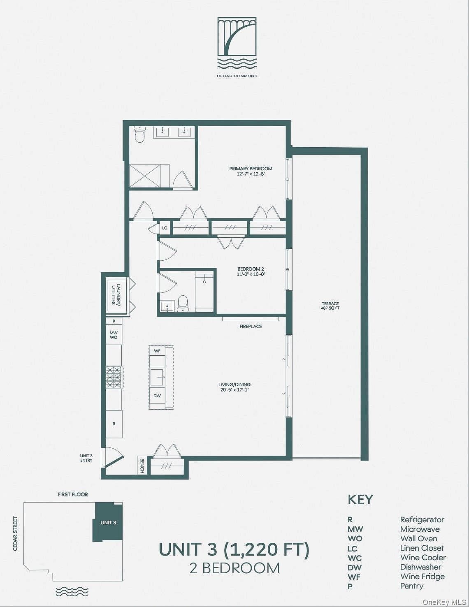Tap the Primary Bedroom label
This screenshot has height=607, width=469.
click(251, 171)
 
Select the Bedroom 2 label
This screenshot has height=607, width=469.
click(251, 271)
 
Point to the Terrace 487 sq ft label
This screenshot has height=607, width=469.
click(330, 306)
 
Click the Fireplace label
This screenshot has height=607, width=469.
click(251, 326)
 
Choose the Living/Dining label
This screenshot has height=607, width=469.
click(234, 387)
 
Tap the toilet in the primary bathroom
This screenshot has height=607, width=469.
click(139, 134)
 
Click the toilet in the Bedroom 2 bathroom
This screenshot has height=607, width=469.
click(183, 303)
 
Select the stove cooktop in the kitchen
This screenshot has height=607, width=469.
click(114, 378)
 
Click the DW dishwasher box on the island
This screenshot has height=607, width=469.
click(157, 396)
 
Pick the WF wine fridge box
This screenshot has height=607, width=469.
click(157, 351)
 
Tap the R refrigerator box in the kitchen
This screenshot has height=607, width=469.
click(114, 424)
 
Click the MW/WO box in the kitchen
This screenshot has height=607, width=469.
click(114, 335)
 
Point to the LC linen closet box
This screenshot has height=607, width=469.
click(165, 228)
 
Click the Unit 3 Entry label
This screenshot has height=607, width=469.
click(86, 458)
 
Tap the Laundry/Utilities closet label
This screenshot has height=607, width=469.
click(115, 294)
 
